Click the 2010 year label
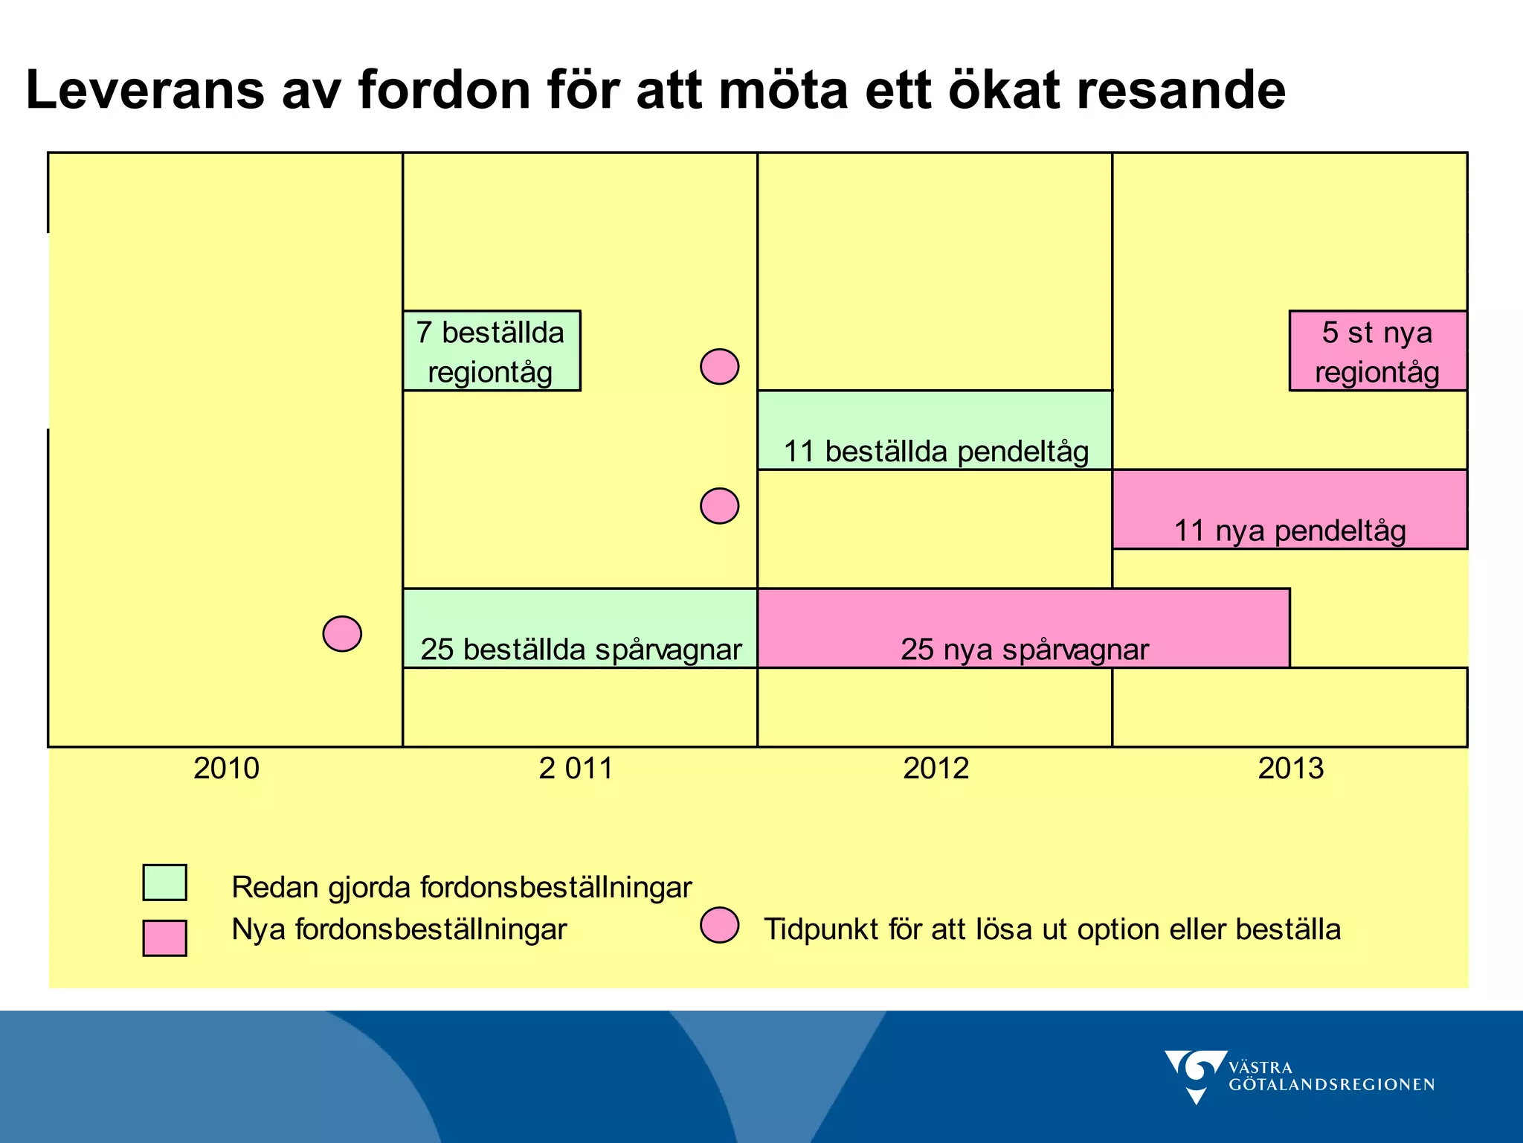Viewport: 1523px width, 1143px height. coord(226,768)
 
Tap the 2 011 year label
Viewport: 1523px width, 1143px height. coord(576,768)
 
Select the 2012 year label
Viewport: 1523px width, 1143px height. coord(936,768)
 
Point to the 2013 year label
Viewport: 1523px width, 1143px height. coord(1290,768)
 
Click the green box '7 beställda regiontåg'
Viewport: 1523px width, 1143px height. coord(491,351)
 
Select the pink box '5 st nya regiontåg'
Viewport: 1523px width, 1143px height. coord(1377,351)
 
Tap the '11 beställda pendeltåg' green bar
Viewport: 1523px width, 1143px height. coord(935,431)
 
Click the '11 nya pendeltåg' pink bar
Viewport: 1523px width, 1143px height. coord(1289,510)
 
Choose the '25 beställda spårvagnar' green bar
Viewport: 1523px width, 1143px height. coord(580,629)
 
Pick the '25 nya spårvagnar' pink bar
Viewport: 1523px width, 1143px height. coord(1023,629)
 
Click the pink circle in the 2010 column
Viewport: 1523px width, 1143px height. coord(342,634)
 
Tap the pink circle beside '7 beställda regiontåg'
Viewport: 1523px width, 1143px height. coord(719,367)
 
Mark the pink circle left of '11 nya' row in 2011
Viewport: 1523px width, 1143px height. coord(719,506)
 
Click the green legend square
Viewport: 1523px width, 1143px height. coord(164,883)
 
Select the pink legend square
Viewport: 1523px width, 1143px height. coord(164,938)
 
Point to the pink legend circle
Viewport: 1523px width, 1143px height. coord(719,926)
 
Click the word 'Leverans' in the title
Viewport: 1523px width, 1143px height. coord(145,90)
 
